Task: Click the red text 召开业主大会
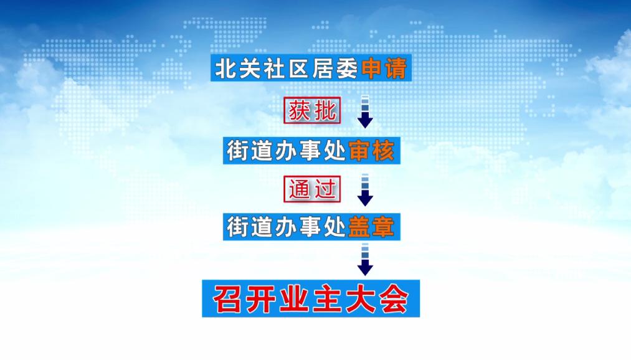[310, 300]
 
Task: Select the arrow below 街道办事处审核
[365, 190]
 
